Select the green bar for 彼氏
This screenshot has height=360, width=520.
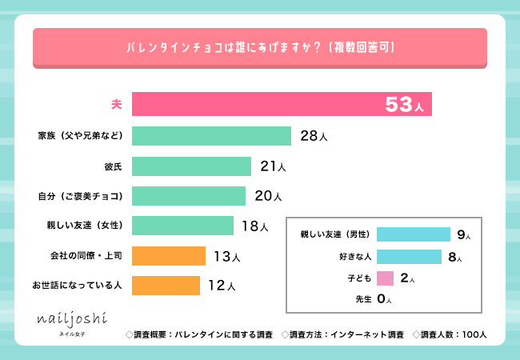pyautogui.click(x=191, y=166)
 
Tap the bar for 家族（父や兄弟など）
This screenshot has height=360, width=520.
pyautogui.click(x=211, y=135)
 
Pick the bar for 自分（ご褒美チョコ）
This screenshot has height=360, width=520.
pyautogui.click(x=188, y=196)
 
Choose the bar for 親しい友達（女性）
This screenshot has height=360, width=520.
pyautogui.click(x=182, y=226)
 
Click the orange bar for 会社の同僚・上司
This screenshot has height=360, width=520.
pyautogui.click(x=168, y=256)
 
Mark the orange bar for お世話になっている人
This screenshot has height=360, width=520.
pyautogui.click(x=165, y=285)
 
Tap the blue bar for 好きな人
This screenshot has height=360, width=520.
pyautogui.click(x=409, y=257)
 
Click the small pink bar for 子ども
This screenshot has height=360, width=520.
pyautogui.click(x=385, y=278)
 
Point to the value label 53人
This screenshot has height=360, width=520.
pyautogui.click(x=403, y=105)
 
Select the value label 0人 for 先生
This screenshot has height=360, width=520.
pyautogui.click(x=383, y=299)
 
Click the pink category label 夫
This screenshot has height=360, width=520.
pyautogui.click(x=116, y=105)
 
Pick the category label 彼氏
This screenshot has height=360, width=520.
pyautogui.click(x=113, y=166)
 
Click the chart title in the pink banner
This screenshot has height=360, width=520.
pyautogui.click(x=261, y=47)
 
